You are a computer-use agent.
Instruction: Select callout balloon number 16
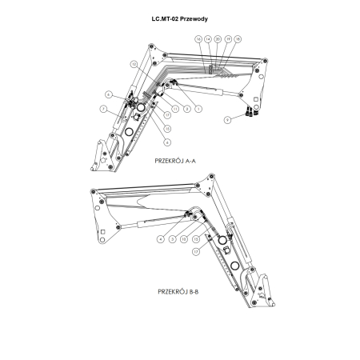coord(198,39)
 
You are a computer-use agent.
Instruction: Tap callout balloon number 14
coord(208,39)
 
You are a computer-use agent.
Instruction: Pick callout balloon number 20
coord(218,39)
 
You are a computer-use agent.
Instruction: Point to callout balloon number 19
coord(228,39)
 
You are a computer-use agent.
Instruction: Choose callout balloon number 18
coord(238,39)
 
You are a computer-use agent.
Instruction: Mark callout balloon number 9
coord(228,119)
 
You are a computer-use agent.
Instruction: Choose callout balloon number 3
coord(172,239)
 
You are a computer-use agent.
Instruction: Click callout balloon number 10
coord(184,239)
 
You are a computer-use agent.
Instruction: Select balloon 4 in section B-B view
coord(161,239)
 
